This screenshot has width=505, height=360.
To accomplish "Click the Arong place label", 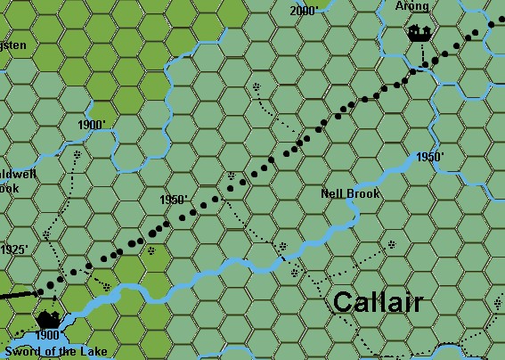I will [x=412, y=7].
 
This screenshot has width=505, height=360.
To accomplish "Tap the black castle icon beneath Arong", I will [x=419, y=34].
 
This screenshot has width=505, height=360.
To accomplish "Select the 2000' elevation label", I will [x=304, y=11].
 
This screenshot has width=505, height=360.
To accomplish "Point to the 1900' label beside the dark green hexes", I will [x=93, y=125].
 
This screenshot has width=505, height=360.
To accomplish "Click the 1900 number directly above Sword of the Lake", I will [x=49, y=336].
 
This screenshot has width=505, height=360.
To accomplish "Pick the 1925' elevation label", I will [x=14, y=250].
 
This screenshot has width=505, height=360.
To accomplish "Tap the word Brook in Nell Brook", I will [x=363, y=193].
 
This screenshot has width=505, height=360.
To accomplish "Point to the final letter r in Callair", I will [x=418, y=303].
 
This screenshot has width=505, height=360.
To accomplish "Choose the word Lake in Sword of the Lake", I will [x=94, y=351].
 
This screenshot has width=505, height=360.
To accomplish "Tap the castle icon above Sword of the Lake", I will [x=47, y=318].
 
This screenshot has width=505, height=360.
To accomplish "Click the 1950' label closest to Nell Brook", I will [x=430, y=158].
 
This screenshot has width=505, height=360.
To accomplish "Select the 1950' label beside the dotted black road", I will [x=173, y=200].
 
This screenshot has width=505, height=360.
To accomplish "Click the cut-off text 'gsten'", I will [x=17, y=45].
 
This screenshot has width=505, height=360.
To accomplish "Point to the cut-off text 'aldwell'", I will [x=17, y=175].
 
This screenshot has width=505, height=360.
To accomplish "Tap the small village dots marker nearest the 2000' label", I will [x=257, y=87].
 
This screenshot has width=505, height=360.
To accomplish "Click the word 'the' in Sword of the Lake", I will [x=69, y=351].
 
